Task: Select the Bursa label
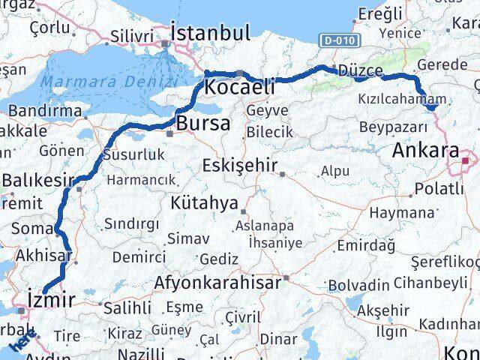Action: coord(203,123)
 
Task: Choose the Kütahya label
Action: coord(204,202)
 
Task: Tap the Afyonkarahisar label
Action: coord(217,283)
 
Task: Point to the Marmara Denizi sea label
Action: coord(109,81)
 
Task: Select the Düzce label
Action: coord(360,70)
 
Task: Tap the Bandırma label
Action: coord(44,111)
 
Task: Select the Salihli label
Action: coord(127,307)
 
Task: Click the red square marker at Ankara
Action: coord(465,159)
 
